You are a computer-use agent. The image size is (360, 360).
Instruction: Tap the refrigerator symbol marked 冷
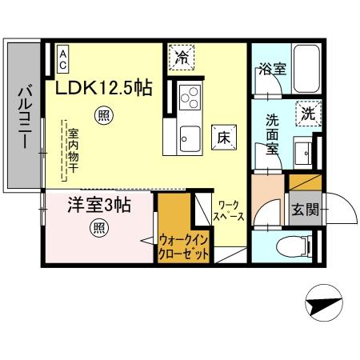tap(183, 58)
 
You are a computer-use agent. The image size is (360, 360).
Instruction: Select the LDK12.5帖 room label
tap(104, 87)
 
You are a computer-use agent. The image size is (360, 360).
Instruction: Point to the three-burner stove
tap(190, 99)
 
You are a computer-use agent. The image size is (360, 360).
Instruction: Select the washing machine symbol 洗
tap(308, 114)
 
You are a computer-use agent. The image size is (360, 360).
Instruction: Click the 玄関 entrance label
tap(304, 210)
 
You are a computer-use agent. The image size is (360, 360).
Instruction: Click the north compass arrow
tap(325, 304)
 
